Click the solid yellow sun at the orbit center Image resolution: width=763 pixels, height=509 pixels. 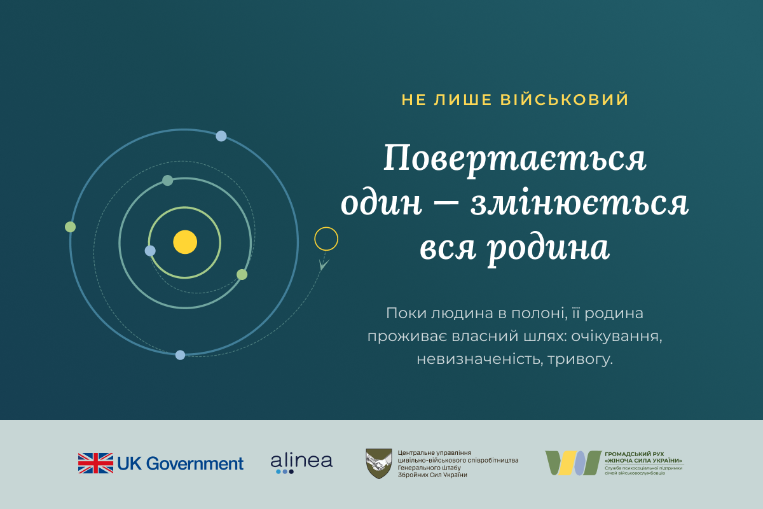(x=185, y=242)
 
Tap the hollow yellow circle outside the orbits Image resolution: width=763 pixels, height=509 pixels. (x=326, y=227)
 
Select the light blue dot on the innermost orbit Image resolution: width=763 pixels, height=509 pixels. (x=150, y=251)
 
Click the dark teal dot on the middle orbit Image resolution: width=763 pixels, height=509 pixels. (x=168, y=180)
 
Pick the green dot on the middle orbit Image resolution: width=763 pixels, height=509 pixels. (x=242, y=274)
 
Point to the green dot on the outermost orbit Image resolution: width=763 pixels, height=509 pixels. (x=70, y=227)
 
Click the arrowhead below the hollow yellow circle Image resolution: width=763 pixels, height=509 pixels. (x=324, y=265)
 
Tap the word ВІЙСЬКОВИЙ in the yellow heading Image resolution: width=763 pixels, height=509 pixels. (x=565, y=99)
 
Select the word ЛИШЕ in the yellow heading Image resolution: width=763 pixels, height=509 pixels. (x=463, y=99)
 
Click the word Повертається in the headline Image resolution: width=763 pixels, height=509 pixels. (x=515, y=159)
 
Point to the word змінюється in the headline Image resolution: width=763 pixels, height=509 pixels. (x=579, y=204)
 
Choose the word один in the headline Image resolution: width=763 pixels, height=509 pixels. (x=381, y=204)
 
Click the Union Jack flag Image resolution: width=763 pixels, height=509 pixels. (x=96, y=463)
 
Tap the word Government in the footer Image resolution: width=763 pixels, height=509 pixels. (x=195, y=464)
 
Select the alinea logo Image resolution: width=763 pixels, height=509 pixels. (x=301, y=464)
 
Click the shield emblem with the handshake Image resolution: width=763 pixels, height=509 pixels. (x=378, y=463)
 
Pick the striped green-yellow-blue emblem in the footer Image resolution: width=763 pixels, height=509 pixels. (x=574, y=463)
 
